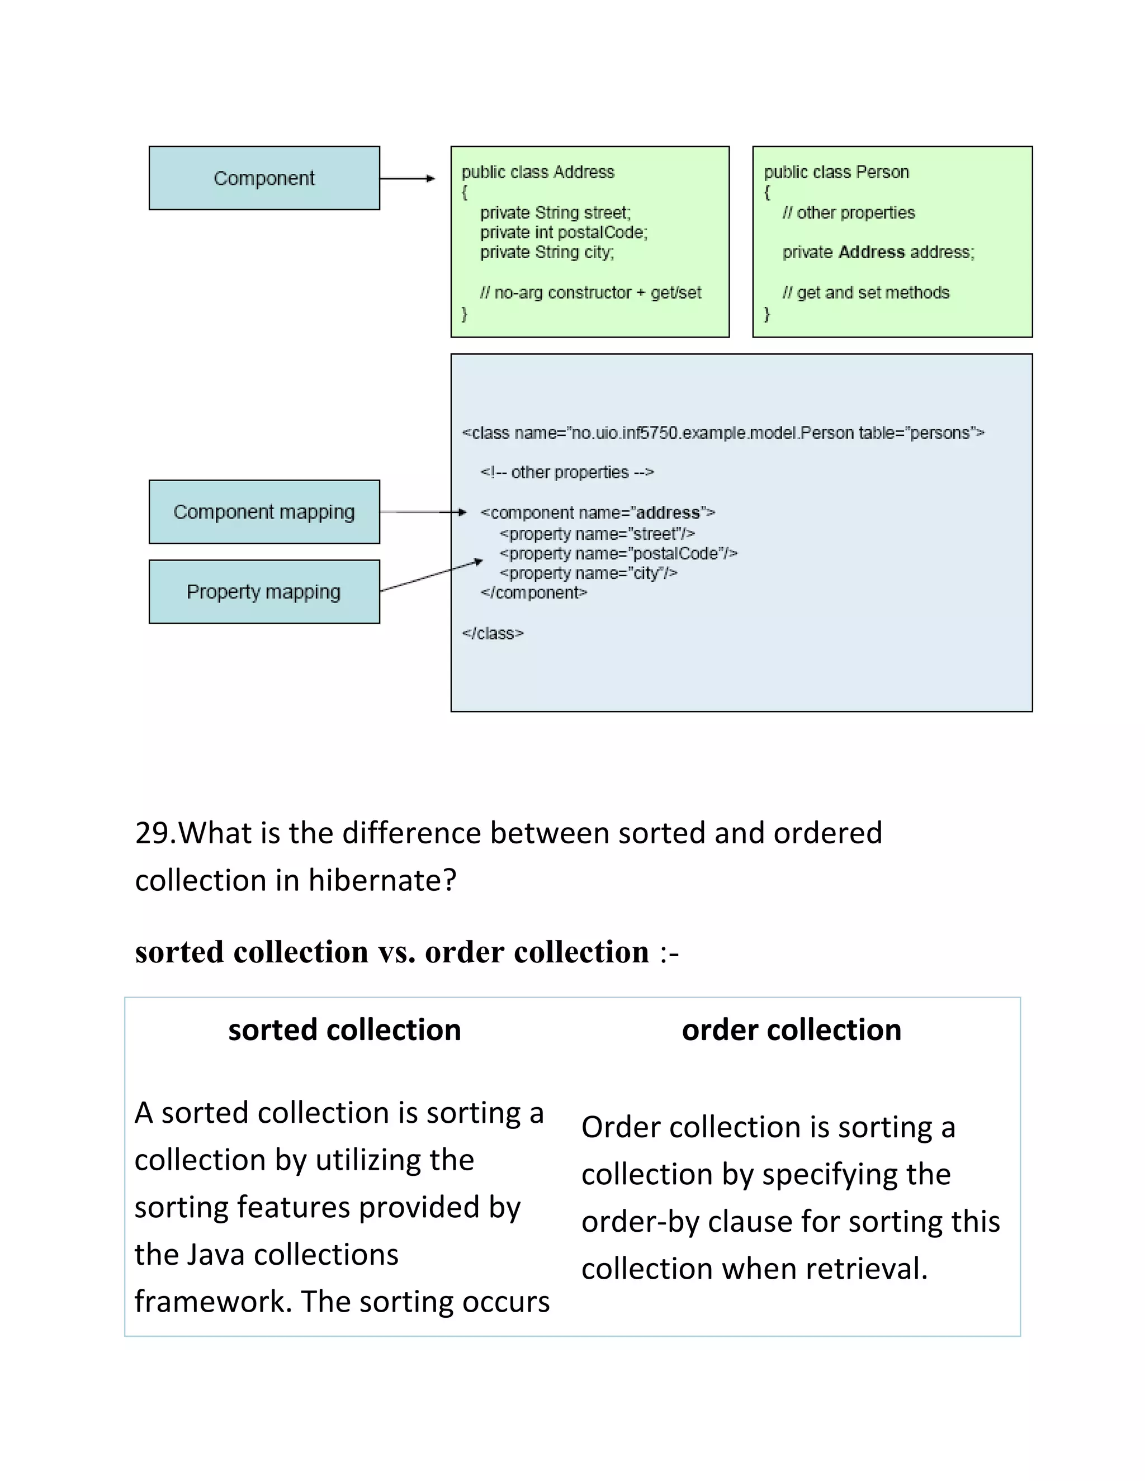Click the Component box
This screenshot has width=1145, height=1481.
264,178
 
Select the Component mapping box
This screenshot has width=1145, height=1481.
264,512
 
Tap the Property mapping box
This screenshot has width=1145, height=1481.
264,591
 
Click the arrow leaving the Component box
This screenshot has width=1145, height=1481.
407,178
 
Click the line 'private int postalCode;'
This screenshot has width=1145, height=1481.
564,232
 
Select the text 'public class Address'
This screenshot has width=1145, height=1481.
538,172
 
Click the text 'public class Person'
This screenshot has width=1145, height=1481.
836,172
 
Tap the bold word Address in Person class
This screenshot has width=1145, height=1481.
871,252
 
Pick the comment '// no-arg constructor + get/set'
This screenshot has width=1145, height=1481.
590,293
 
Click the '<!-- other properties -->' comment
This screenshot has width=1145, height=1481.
567,472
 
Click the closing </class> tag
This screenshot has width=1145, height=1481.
493,633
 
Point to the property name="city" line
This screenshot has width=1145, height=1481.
588,574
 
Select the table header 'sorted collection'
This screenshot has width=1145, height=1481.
344,1029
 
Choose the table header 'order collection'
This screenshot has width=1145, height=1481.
791,1029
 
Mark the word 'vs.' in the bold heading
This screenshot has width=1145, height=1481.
396,952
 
